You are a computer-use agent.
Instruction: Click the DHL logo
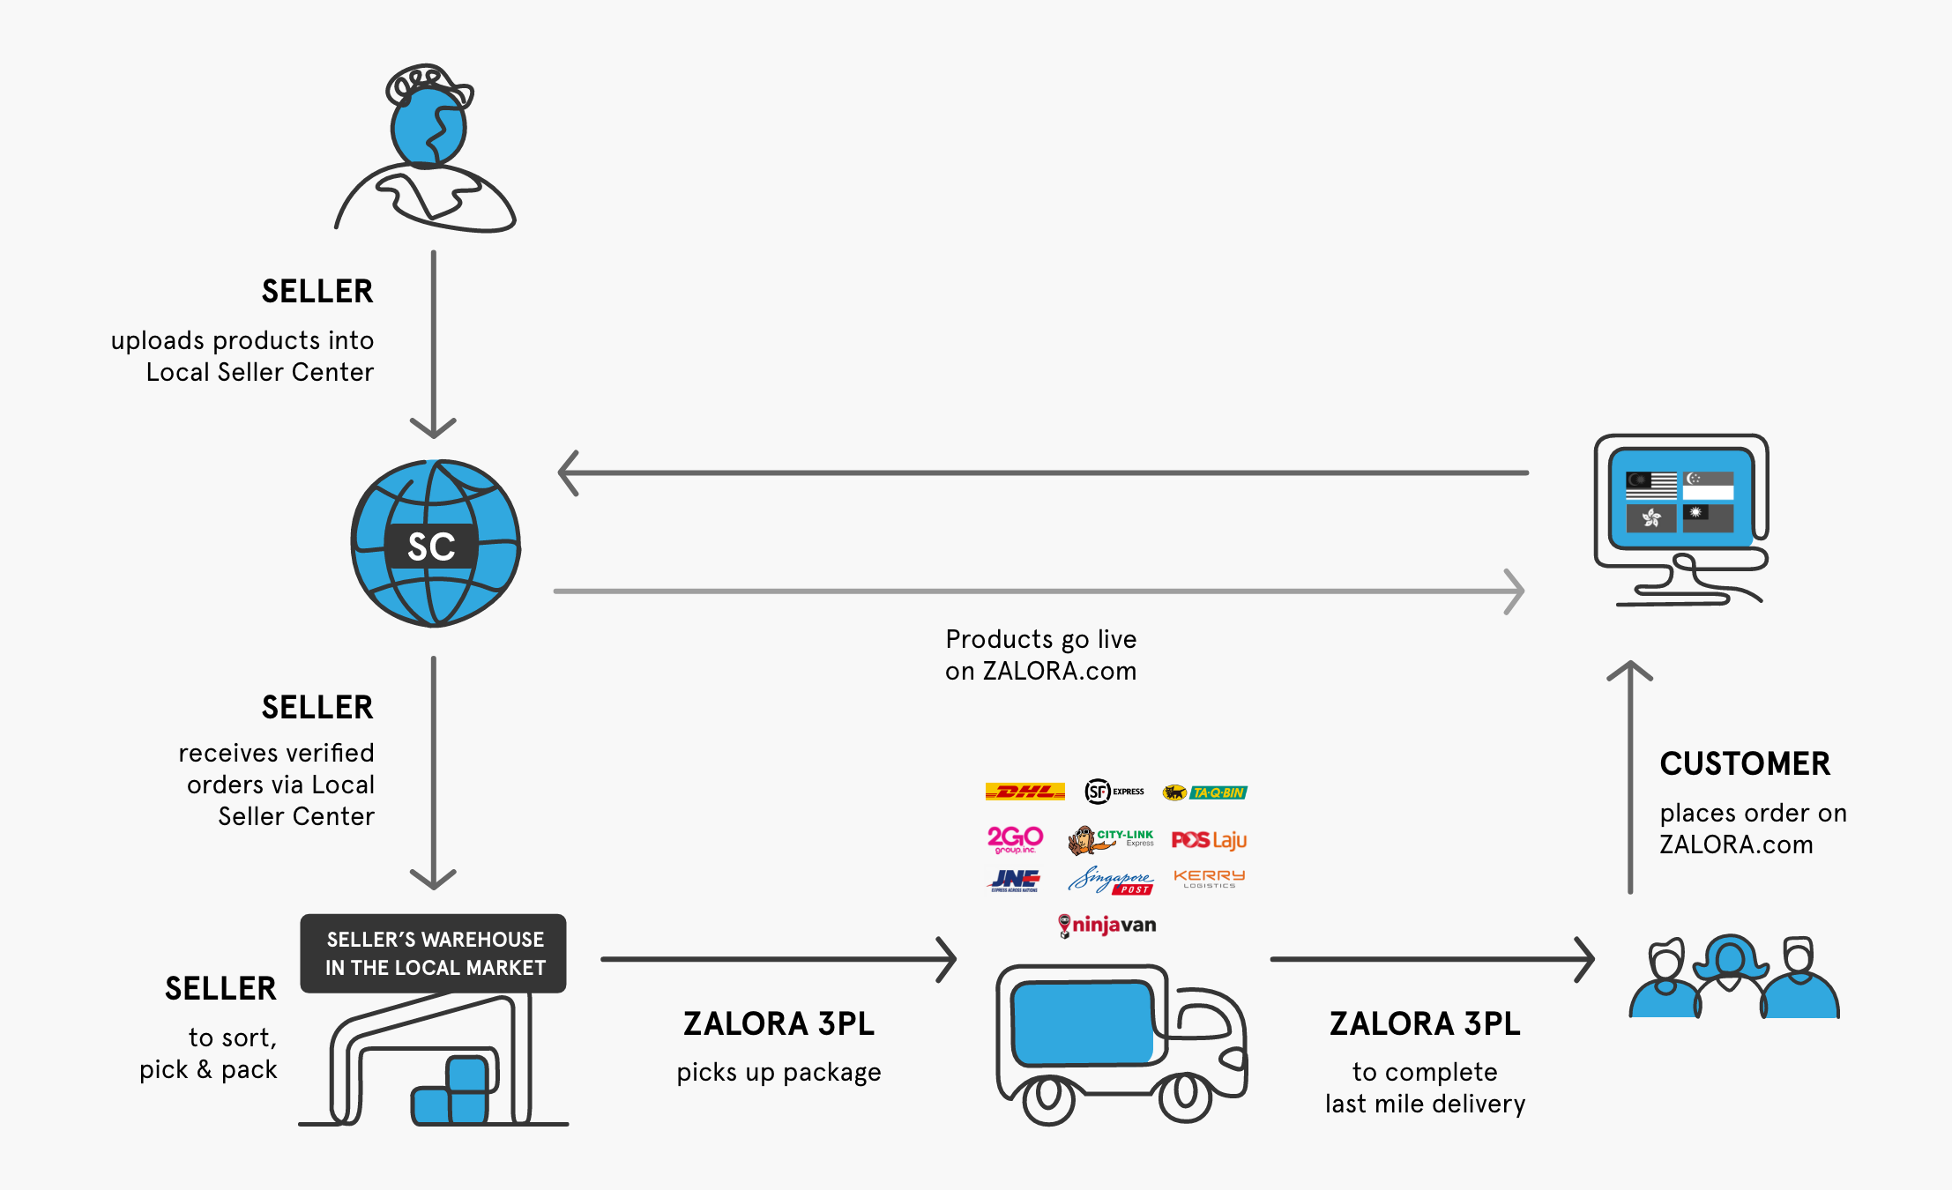click(1024, 792)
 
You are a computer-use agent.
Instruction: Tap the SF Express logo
click(1114, 792)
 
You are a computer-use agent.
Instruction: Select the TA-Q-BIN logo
click(1205, 792)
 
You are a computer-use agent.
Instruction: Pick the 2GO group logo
click(1015, 839)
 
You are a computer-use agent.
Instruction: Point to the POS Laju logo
click(1209, 840)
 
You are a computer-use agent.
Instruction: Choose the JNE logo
click(1015, 880)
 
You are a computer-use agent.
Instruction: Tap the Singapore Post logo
click(1111, 881)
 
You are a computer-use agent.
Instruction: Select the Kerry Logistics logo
click(1209, 878)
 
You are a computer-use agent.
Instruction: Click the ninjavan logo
click(1107, 926)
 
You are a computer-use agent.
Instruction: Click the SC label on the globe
click(431, 547)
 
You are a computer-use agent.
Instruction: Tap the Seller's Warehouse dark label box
click(434, 954)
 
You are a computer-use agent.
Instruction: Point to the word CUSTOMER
click(1745, 763)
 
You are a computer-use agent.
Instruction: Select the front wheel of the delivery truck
click(1185, 1095)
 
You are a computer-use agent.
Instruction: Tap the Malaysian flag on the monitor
click(1650, 486)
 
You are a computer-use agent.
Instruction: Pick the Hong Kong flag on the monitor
click(1650, 517)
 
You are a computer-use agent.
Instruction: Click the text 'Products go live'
click(1040, 639)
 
